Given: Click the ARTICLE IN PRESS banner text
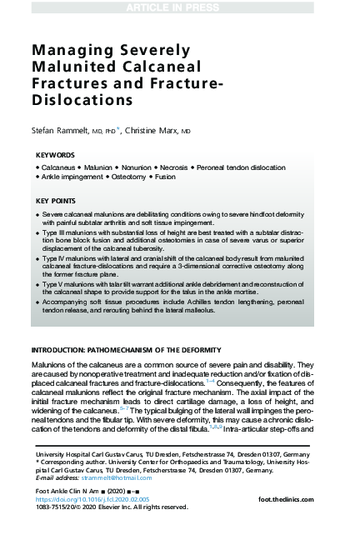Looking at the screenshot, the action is pyautogui.click(x=179, y=8).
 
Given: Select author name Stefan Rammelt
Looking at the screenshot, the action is pyautogui.click(x=67, y=131).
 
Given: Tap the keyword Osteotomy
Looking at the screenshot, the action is pyautogui.click(x=152, y=177).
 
